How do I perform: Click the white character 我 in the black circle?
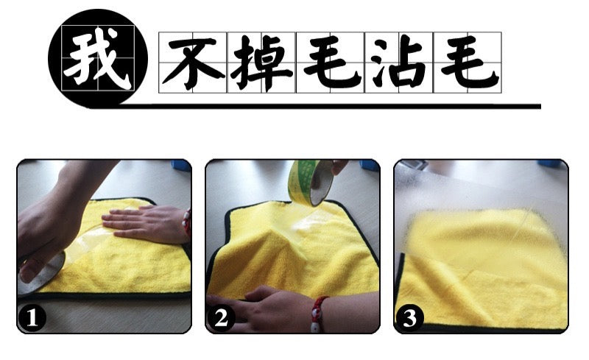[x=98, y=58]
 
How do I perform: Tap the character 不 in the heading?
[x=193, y=61]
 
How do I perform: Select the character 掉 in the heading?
[x=261, y=62]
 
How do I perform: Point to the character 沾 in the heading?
[x=399, y=62]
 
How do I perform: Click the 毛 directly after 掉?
[x=331, y=62]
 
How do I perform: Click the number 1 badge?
[x=32, y=318]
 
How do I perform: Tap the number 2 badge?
[x=221, y=318]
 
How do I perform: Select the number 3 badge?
[x=409, y=318]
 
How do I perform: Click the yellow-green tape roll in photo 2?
[x=310, y=183]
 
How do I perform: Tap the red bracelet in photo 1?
[x=187, y=222]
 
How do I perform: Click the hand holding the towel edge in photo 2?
[x=263, y=309]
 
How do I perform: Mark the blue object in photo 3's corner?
[x=551, y=163]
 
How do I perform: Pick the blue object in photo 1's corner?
[x=181, y=166]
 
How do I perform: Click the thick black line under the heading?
[x=331, y=106]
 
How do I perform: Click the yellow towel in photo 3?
[x=484, y=269]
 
